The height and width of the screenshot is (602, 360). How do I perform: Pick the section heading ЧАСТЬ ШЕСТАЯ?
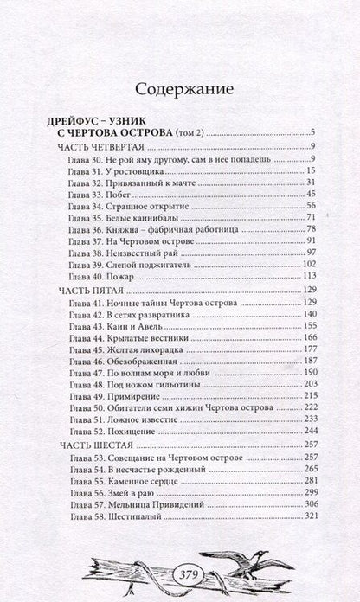[88, 444]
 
